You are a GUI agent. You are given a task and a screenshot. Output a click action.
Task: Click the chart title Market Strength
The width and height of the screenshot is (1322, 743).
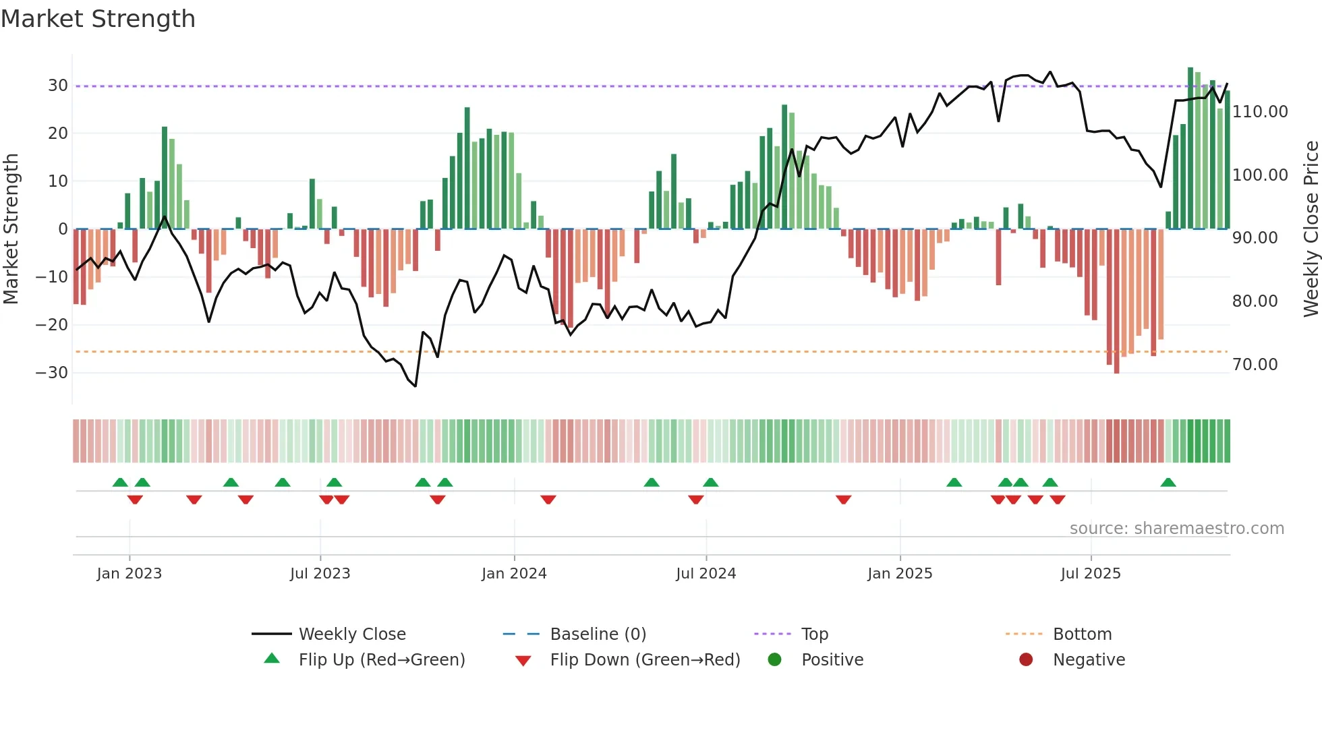(98, 19)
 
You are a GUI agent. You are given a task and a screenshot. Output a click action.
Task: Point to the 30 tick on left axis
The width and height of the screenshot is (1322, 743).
(57, 86)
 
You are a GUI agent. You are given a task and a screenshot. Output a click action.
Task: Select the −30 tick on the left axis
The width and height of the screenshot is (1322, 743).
(52, 372)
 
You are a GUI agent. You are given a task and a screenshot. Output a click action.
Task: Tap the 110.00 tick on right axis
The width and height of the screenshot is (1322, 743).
(1259, 112)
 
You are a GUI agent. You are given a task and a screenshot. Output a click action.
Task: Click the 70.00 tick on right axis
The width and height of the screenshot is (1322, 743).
(1255, 365)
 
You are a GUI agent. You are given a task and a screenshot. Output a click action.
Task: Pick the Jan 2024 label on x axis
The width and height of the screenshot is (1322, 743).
(514, 574)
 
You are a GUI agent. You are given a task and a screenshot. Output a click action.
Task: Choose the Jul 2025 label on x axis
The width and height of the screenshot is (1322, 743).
(1090, 574)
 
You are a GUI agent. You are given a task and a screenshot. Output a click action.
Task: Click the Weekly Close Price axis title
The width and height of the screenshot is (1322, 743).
(1311, 229)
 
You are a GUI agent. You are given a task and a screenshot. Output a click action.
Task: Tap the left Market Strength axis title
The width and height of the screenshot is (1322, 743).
(11, 229)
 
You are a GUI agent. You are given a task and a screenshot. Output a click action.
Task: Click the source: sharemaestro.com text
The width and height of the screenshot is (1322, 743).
(1176, 529)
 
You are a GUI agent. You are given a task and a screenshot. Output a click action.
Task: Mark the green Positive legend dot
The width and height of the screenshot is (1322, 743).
(774, 659)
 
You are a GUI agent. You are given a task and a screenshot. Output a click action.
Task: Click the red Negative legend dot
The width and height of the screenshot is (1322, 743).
(1026, 659)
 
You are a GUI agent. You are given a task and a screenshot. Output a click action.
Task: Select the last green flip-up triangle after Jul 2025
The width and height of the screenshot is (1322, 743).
(1168, 482)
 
